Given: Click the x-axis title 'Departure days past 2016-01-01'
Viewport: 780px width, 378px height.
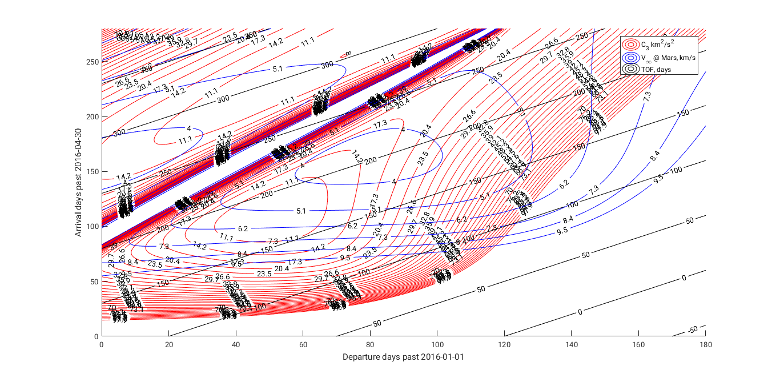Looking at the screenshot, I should click(x=404, y=357).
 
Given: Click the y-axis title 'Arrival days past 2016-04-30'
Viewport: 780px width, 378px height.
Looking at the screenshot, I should click(x=79, y=182).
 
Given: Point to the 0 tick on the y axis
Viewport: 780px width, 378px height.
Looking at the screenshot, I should click(x=95, y=336).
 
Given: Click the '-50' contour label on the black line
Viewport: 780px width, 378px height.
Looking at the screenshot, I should click(x=692, y=330).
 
